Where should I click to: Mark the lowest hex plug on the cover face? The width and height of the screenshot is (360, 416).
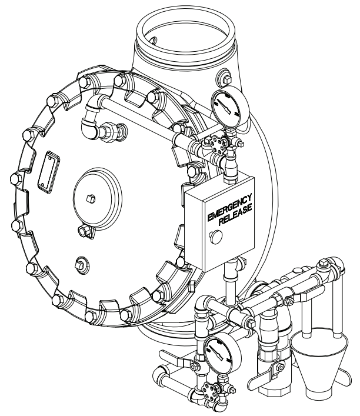[80, 262]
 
